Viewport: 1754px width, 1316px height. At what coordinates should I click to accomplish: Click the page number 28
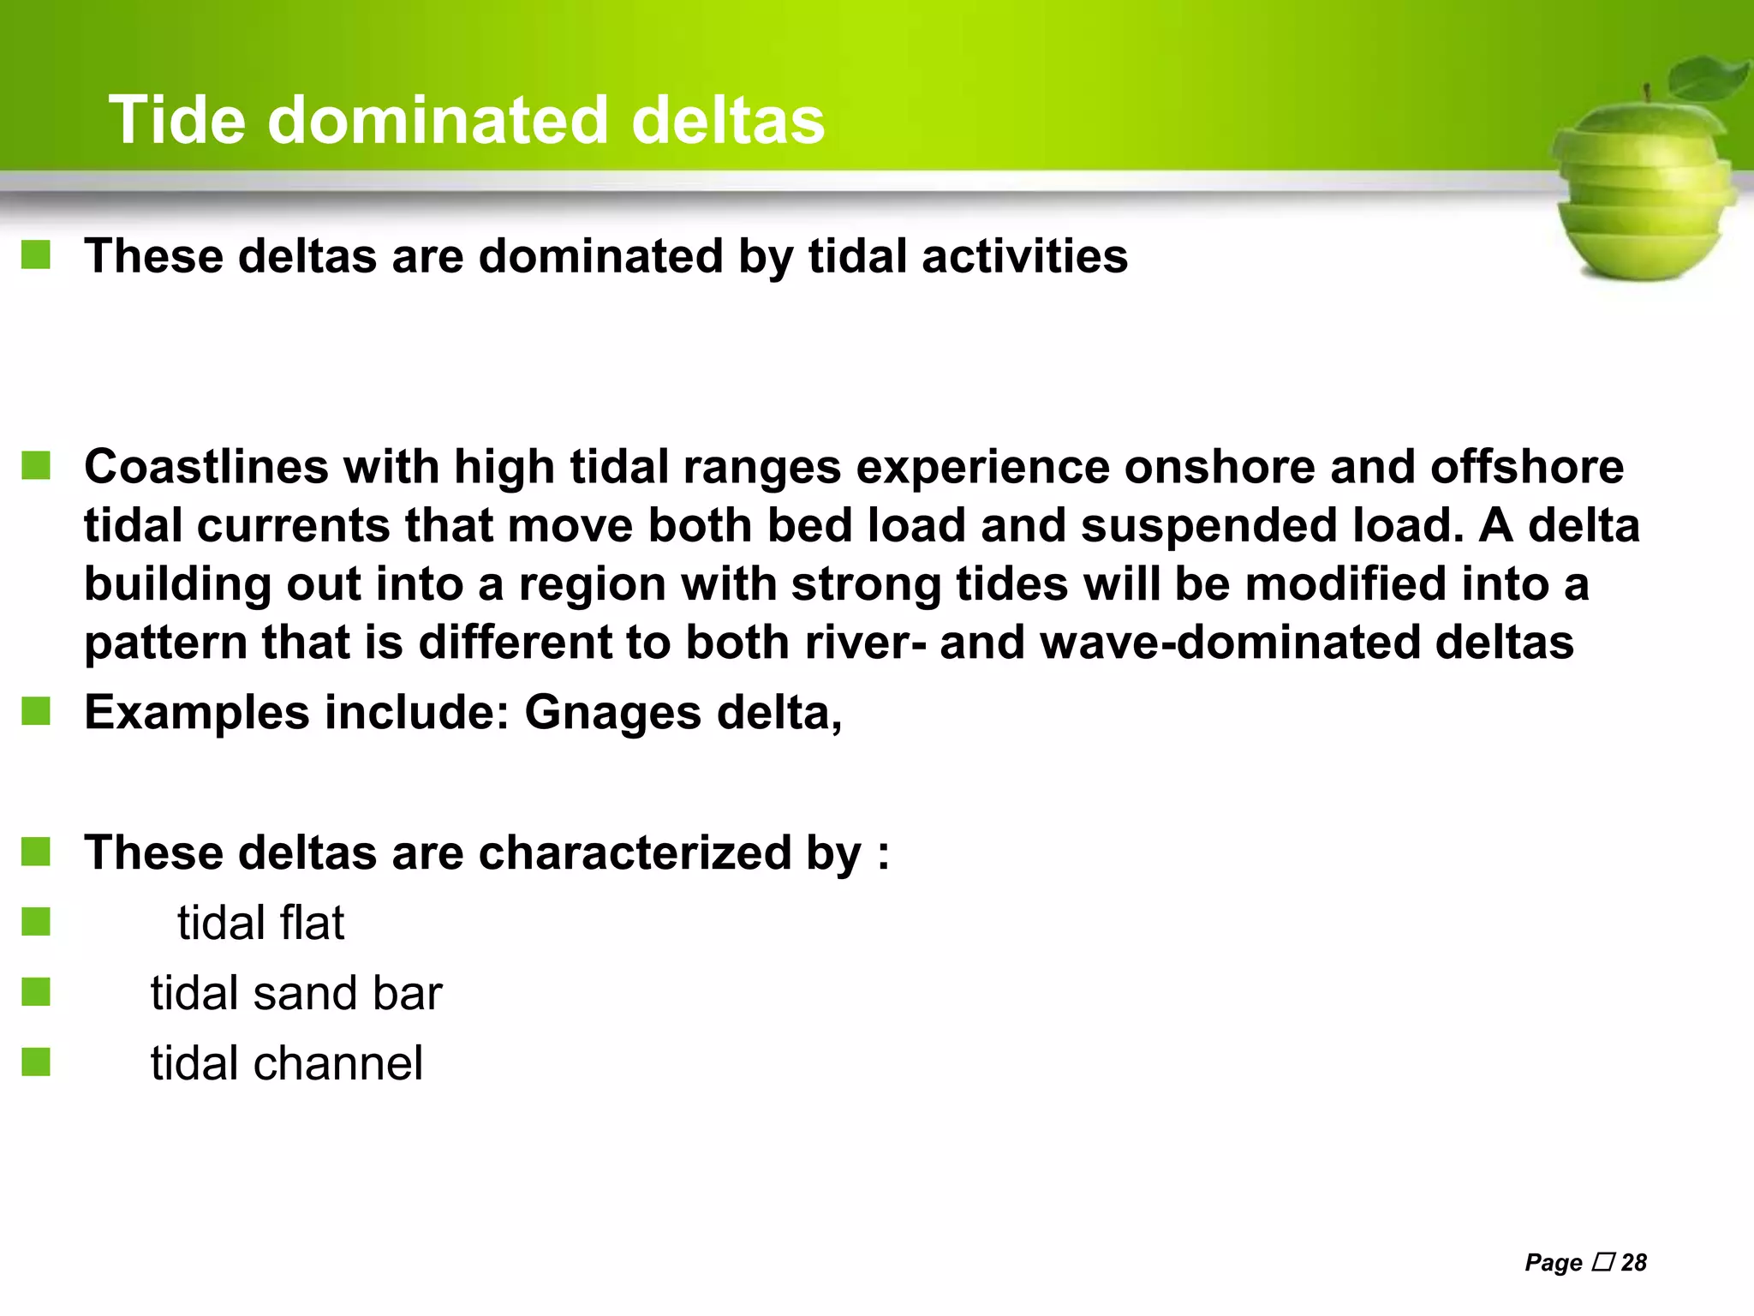(x=1634, y=1262)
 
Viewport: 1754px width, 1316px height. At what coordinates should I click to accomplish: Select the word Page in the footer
(x=1553, y=1263)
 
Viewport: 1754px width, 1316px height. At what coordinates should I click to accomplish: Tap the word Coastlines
(x=206, y=467)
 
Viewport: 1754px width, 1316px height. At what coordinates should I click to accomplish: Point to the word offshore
(x=1526, y=467)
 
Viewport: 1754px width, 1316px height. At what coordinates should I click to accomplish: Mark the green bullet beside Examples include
(x=36, y=711)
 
